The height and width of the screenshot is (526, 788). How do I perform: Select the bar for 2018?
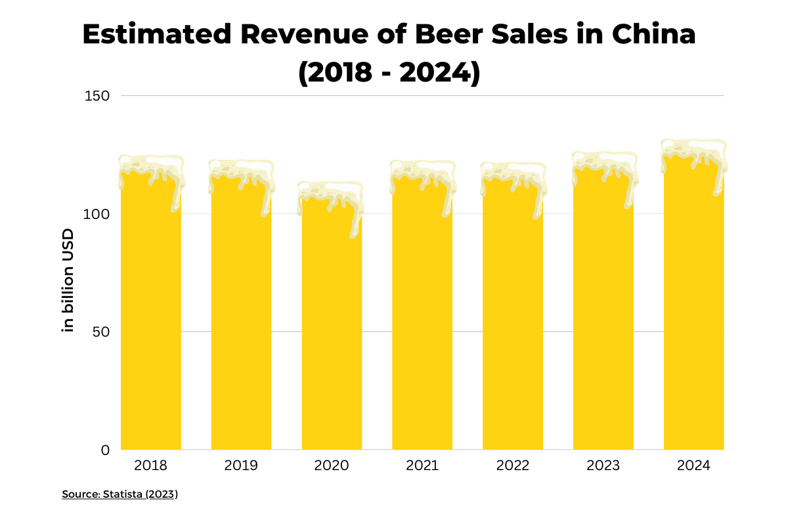pyautogui.click(x=151, y=316)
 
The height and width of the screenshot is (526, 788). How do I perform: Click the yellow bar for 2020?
pyautogui.click(x=332, y=329)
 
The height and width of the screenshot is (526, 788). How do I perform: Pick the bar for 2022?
pyautogui.click(x=513, y=322)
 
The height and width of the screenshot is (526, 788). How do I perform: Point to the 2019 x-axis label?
pyautogui.click(x=241, y=466)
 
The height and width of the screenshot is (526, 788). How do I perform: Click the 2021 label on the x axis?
pyautogui.click(x=422, y=466)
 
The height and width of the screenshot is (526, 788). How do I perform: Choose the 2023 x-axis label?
pyautogui.click(x=603, y=466)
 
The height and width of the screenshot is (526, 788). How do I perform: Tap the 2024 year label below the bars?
pyautogui.click(x=693, y=466)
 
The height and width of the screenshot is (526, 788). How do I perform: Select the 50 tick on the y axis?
pyautogui.click(x=98, y=332)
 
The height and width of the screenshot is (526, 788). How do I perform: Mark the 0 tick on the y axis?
pyautogui.click(x=105, y=450)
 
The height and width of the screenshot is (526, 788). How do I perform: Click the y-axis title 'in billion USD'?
pyautogui.click(x=68, y=280)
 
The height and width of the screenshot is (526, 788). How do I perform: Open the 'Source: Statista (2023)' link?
pyautogui.click(x=120, y=494)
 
